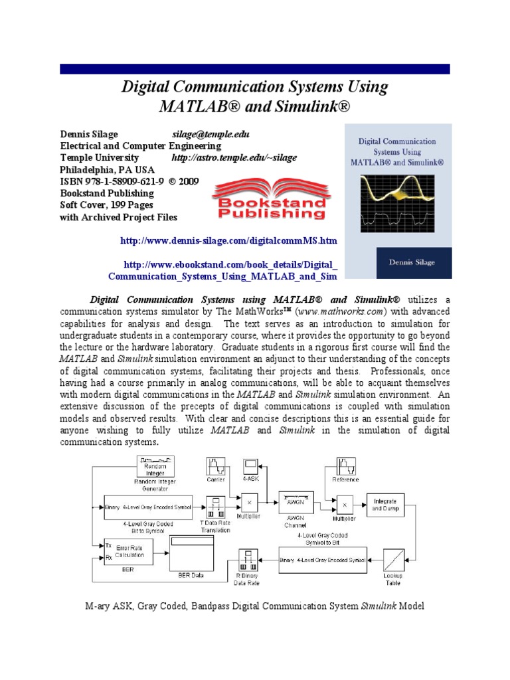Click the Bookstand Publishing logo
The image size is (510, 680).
tap(268, 201)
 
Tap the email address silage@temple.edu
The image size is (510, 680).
tap(211, 133)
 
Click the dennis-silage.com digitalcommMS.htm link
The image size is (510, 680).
tap(228, 239)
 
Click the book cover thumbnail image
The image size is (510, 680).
tap(397, 201)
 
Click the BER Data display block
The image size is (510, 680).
tap(193, 551)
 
